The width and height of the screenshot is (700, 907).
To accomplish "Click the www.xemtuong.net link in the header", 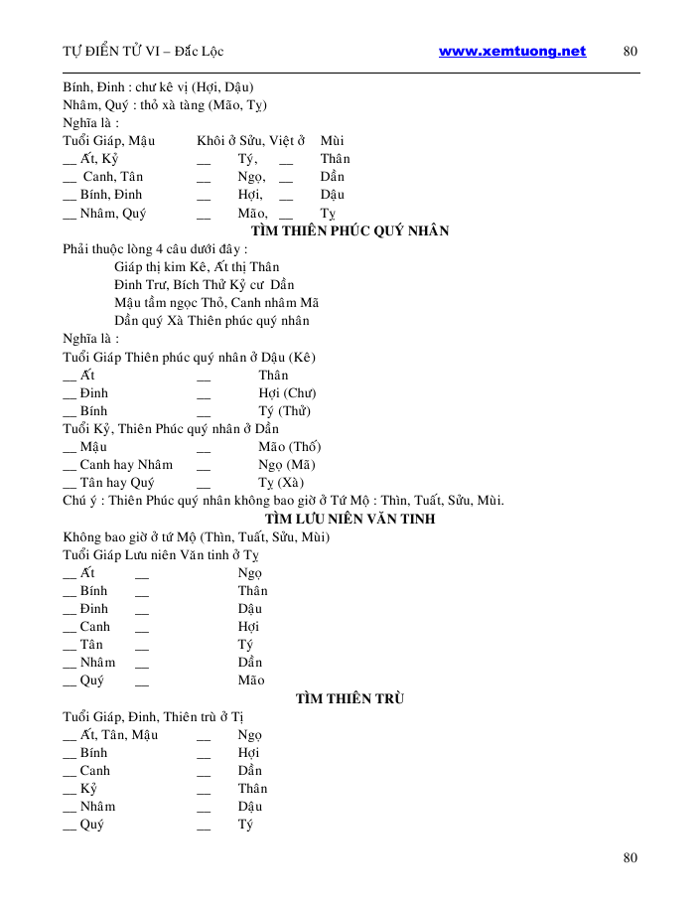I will pyautogui.click(x=511, y=52).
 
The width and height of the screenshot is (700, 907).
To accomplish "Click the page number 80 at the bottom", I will pyautogui.click(x=630, y=858).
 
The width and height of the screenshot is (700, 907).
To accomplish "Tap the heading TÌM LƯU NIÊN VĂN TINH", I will pyautogui.click(x=350, y=519).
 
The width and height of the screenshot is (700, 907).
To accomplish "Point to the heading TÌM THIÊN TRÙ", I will pyautogui.click(x=350, y=698).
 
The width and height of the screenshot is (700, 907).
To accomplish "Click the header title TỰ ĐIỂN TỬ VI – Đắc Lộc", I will pyautogui.click(x=149, y=52).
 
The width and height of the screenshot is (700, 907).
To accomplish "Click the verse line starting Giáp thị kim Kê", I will pyautogui.click(x=197, y=267).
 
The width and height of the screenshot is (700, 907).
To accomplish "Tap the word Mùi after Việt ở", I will pyautogui.click(x=332, y=141).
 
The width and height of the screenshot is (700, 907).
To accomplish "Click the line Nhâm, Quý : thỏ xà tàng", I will pyautogui.click(x=164, y=105).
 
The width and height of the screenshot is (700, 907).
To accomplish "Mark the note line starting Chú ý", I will pyautogui.click(x=283, y=501).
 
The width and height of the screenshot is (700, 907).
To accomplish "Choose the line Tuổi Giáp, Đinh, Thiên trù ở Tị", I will pyautogui.click(x=153, y=717).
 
